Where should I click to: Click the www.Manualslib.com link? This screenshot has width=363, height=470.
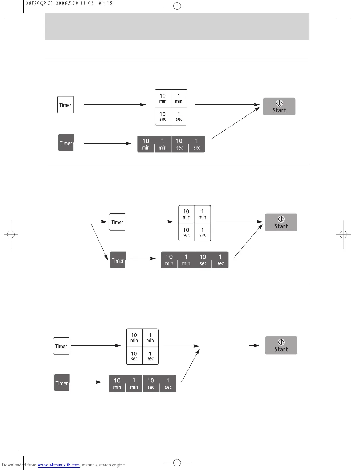click(x=58, y=465)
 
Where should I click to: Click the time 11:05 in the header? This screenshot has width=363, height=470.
click(x=87, y=4)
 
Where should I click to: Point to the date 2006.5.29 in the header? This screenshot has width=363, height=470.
click(x=67, y=4)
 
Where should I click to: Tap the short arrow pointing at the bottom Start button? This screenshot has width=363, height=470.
click(x=254, y=345)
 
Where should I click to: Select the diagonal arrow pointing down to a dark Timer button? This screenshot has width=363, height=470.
click(x=99, y=242)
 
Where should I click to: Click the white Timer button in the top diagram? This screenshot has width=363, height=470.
click(x=65, y=105)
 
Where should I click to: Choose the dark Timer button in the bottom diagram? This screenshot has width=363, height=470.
click(x=62, y=383)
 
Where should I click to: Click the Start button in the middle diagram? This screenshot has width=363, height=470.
click(x=281, y=223)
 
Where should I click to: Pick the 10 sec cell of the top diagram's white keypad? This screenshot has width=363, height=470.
click(x=163, y=116)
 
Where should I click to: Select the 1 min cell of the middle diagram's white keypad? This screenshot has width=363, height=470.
click(x=203, y=214)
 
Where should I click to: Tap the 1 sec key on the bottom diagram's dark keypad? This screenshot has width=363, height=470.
click(x=168, y=383)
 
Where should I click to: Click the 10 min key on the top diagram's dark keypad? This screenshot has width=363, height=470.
click(x=146, y=144)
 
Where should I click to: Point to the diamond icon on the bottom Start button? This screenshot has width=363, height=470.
click(x=281, y=342)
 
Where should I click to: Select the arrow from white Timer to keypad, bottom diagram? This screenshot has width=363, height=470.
click(x=96, y=345)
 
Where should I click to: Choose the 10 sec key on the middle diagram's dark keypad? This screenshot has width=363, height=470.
click(x=203, y=260)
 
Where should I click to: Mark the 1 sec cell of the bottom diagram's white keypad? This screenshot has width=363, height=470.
click(x=150, y=356)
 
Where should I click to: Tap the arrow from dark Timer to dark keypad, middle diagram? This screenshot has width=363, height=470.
click(x=143, y=258)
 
